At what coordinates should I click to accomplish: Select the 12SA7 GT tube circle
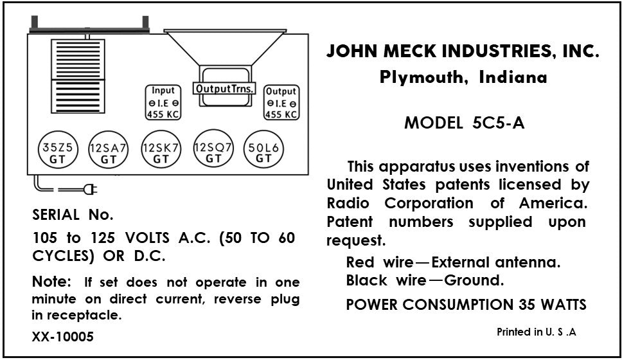point(108,152)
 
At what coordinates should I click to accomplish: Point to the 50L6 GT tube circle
point(263,152)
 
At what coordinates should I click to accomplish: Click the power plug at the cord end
point(91,189)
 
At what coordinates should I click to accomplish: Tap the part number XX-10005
point(62,336)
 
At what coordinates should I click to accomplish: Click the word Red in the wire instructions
point(360,262)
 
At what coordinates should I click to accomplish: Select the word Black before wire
point(366,280)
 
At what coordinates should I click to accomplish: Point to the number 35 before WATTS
point(521,304)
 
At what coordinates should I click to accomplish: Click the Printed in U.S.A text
point(537,332)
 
